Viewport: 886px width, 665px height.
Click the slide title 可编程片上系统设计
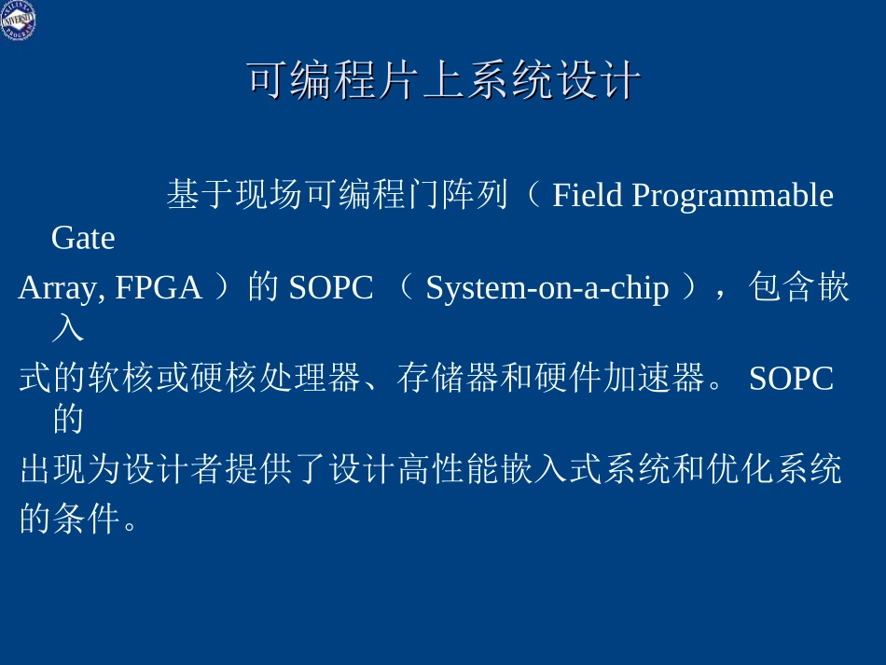point(443,82)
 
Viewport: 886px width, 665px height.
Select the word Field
point(587,196)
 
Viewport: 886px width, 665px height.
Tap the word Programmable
point(732,196)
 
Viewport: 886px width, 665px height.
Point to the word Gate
point(83,239)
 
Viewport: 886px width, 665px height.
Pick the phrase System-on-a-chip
point(547,289)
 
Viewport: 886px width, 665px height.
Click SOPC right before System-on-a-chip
point(330,289)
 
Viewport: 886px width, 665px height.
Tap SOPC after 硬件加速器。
point(791,379)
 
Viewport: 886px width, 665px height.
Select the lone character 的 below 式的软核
point(68,420)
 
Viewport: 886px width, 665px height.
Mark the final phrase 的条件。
point(78,520)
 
